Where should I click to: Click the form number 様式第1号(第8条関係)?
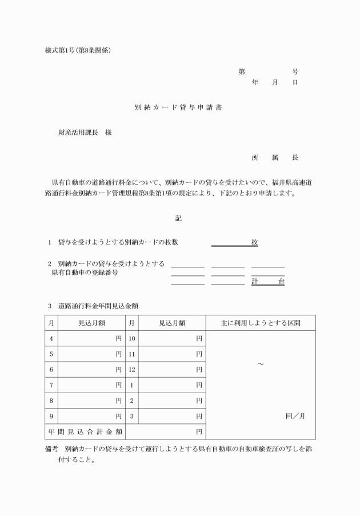tap(78, 50)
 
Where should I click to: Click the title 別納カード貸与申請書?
tap(178, 107)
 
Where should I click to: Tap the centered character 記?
tap(178, 218)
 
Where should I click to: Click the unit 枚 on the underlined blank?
tap(254, 242)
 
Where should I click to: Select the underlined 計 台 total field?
tap(267, 282)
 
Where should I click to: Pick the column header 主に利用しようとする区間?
tap(261, 323)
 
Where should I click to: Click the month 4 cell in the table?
tap(51, 339)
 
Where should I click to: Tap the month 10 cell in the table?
tap(131, 339)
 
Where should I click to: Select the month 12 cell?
tap(131, 370)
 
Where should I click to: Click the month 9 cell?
tap(51, 416)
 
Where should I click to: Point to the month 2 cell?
tap(131, 401)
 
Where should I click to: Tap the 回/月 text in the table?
tap(295, 416)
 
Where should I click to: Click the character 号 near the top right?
tap(295, 72)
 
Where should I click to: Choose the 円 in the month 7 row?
tap(118, 385)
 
